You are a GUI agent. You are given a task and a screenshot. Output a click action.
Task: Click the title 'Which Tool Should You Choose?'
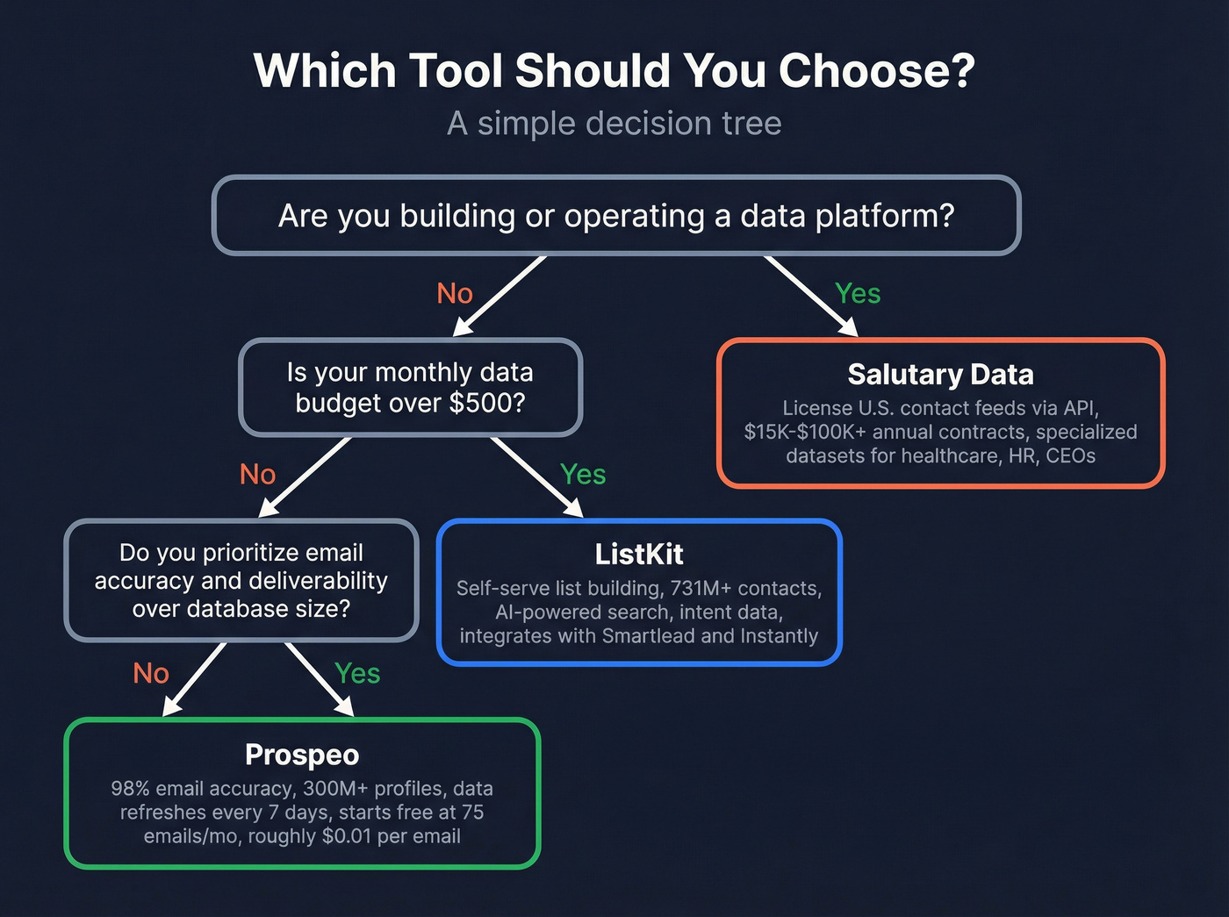614,70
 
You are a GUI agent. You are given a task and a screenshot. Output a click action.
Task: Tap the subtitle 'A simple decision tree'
614,124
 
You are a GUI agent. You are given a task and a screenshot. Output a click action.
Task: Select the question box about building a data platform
616,216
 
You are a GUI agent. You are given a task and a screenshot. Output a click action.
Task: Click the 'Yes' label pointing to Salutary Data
858,294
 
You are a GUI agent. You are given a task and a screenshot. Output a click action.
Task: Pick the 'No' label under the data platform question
455,294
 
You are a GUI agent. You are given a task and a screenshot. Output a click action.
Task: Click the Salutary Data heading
940,375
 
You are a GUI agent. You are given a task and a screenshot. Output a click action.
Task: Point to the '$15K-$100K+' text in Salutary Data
804,433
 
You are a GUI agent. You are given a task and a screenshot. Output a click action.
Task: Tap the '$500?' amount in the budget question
487,404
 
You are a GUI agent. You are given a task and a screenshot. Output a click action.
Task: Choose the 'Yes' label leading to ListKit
583,475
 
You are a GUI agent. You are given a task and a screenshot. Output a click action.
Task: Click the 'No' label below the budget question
258,475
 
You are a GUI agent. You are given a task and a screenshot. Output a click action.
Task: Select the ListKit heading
639,555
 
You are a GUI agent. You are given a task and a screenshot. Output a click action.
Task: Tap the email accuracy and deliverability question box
241,581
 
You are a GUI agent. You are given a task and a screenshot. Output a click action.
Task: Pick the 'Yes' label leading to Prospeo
357,674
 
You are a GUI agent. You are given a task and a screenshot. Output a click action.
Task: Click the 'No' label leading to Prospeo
151,674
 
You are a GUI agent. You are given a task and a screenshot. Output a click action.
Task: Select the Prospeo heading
302,755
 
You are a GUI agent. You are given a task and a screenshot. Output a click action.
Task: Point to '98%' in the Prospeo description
130,789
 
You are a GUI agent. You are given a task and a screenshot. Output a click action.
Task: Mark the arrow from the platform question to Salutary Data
809,295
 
